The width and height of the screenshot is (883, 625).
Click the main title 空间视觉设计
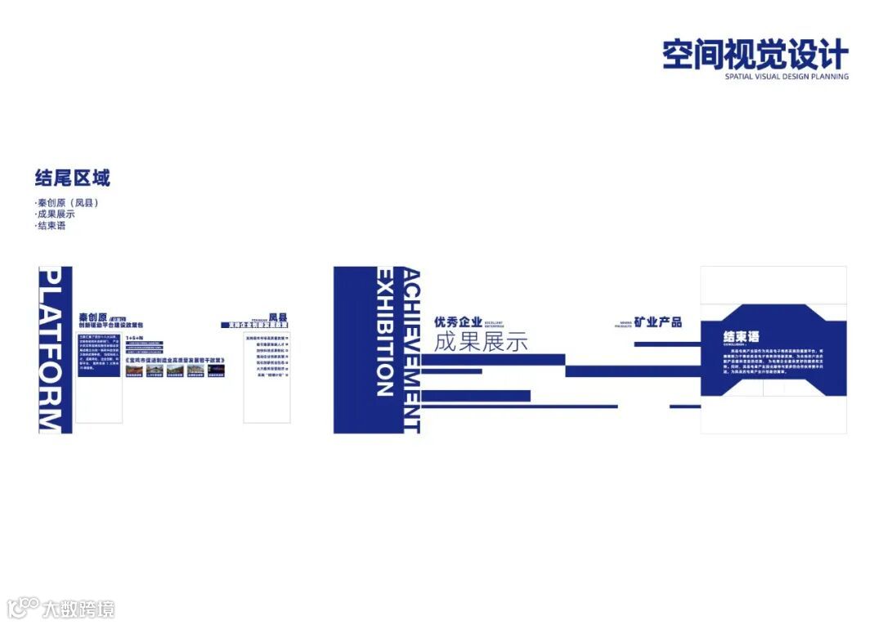point(755,55)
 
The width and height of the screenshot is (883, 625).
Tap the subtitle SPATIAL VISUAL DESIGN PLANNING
point(787,77)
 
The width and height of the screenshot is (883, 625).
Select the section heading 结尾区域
point(73,178)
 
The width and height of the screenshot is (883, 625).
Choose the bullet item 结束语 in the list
point(51,226)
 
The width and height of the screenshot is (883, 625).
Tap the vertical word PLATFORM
point(51,349)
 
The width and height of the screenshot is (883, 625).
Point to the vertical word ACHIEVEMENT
point(411,349)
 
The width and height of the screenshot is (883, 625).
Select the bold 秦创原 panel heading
point(92,317)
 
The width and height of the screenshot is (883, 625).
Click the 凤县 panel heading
point(279,317)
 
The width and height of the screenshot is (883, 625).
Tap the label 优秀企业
point(458,322)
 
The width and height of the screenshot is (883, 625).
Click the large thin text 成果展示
point(481,342)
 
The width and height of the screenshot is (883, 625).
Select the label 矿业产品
point(658,322)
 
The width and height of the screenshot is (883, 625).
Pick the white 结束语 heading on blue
point(742,336)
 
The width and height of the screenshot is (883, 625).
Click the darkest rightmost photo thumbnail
point(216,371)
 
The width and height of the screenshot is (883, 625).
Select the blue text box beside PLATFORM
point(100,353)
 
